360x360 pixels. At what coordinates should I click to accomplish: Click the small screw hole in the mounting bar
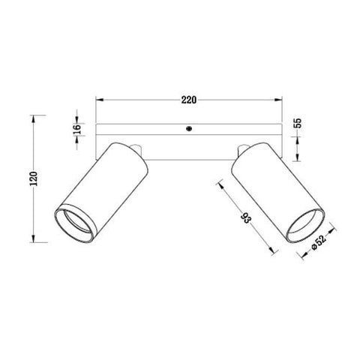click(x=188, y=128)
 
